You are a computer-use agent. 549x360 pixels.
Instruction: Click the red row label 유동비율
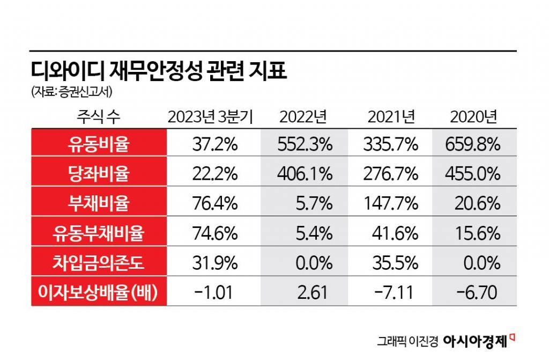tap(99, 143)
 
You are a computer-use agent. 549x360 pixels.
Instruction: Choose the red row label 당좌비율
tap(99, 173)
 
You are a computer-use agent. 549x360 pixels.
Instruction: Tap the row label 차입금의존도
tap(99, 263)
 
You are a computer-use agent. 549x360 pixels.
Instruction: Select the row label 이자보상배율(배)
tap(99, 292)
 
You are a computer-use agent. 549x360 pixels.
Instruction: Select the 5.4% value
tap(316, 233)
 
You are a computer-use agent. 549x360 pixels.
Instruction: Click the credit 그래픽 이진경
tap(408, 341)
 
